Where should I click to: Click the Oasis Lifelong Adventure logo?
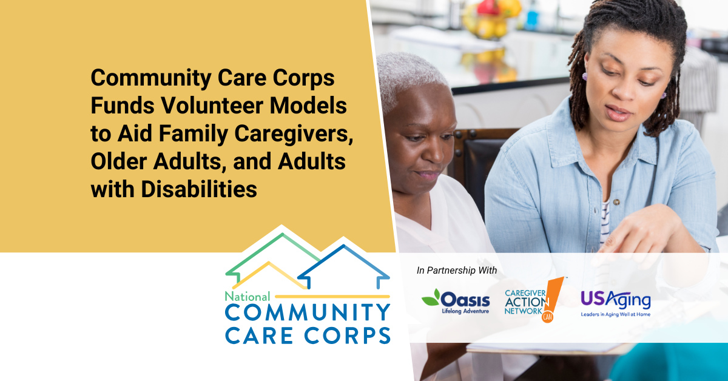click(x=456, y=301)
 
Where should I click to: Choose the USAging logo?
click(x=615, y=302)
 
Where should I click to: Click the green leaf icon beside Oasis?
click(x=431, y=297)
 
